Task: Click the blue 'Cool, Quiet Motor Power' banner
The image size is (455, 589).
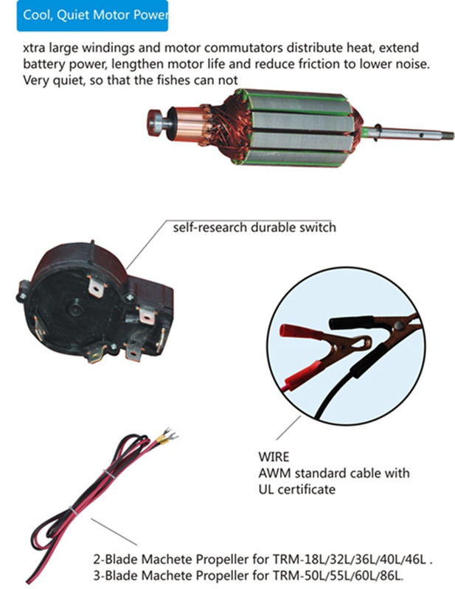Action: click(92, 15)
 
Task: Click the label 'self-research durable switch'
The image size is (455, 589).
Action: click(254, 228)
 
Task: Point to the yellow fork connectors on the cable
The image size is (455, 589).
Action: click(166, 435)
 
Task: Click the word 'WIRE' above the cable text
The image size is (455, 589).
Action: click(274, 456)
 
